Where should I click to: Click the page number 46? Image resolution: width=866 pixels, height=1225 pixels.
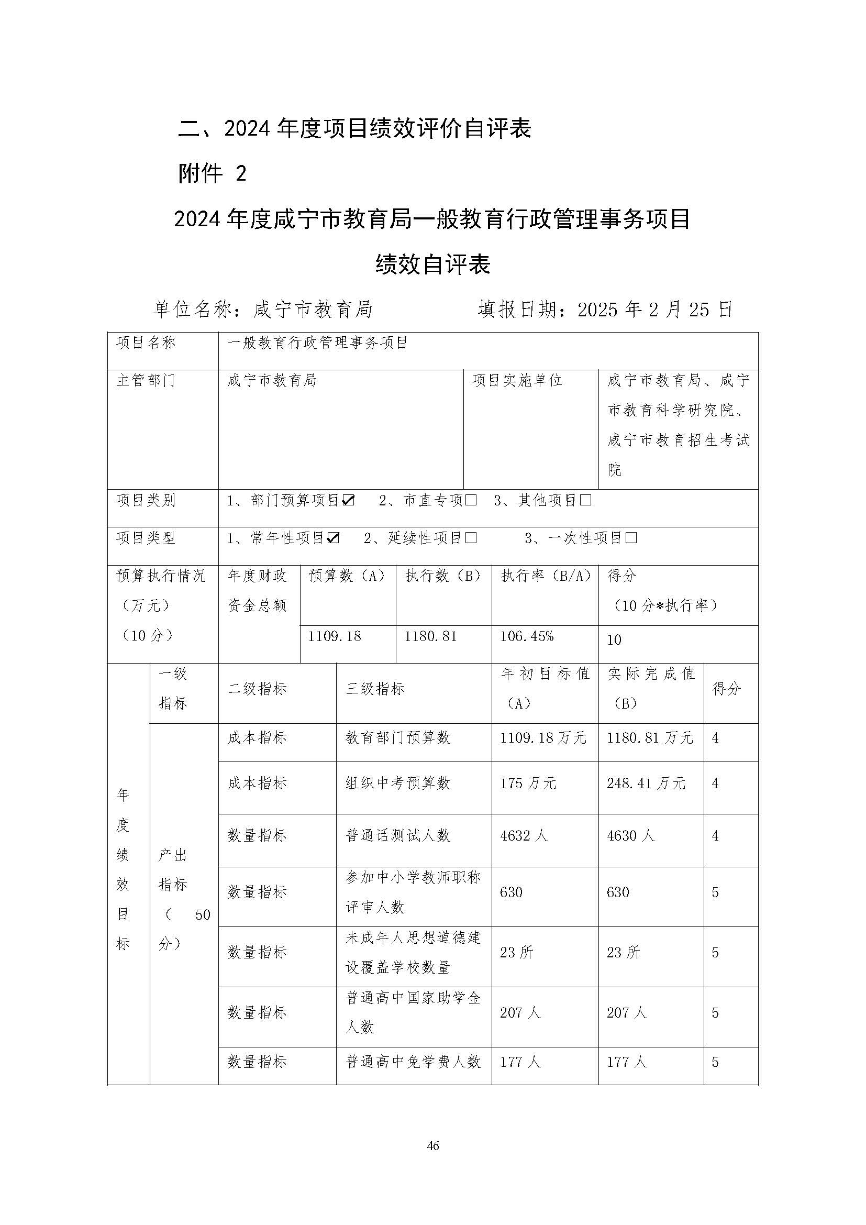[432, 1145]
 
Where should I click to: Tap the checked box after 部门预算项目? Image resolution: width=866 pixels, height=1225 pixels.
[349, 501]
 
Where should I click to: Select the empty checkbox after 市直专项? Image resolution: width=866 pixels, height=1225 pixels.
[470, 501]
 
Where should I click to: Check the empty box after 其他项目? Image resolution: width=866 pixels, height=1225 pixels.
[585, 501]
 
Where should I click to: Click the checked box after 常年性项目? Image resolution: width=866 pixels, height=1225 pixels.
[334, 538]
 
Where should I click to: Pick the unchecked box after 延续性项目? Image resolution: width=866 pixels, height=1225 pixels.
[470, 538]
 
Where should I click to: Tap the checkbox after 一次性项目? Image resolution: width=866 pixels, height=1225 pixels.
[631, 538]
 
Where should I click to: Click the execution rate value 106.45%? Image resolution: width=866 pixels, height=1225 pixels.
[526, 636]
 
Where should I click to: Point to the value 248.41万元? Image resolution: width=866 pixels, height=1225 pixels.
[646, 783]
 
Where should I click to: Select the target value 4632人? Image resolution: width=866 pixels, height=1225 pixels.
[524, 835]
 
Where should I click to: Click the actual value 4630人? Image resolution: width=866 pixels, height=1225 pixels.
[630, 835]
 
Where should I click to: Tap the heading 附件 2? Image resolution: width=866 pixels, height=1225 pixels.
[212, 173]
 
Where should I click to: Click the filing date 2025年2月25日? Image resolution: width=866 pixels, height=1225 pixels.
[655, 310]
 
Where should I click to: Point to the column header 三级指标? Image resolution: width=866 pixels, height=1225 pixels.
[375, 689]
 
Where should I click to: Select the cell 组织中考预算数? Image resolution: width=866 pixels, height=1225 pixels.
[398, 783]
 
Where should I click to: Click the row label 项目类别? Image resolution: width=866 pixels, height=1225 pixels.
[146, 501]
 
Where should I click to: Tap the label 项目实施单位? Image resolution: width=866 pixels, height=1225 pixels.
[517, 380]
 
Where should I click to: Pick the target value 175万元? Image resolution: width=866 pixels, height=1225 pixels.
[528, 783]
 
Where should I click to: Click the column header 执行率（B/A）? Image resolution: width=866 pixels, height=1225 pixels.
[546, 576]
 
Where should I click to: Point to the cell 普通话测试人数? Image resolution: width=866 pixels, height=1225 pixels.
[398, 835]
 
